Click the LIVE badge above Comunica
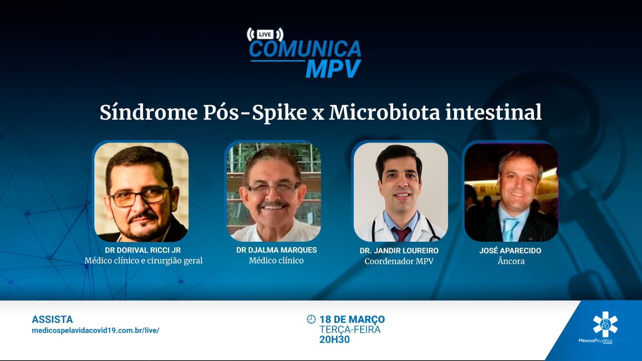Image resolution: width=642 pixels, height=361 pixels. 265,35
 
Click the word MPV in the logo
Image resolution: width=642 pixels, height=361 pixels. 333,69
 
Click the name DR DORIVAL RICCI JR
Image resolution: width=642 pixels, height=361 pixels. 143,250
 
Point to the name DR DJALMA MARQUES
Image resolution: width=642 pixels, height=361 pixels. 277,250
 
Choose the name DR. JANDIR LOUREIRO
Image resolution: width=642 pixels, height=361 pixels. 399,251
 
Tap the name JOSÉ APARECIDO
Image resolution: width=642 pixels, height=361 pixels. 510,251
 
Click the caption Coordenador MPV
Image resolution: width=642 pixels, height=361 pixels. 399,261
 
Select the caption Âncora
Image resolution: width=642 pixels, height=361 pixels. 511,261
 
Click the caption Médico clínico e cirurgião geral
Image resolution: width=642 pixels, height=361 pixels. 143,261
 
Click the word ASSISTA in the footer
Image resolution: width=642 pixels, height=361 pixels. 52,319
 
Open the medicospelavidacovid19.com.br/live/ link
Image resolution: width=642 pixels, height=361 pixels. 96,330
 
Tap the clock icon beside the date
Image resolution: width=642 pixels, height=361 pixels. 311,319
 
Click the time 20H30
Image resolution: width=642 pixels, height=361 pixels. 334,339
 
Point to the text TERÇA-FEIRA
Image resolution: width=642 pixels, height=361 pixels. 350,329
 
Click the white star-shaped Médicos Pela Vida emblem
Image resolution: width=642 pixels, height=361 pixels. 605,324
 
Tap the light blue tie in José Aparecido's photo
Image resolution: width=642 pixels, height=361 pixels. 510,230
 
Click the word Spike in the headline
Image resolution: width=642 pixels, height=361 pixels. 279,113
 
